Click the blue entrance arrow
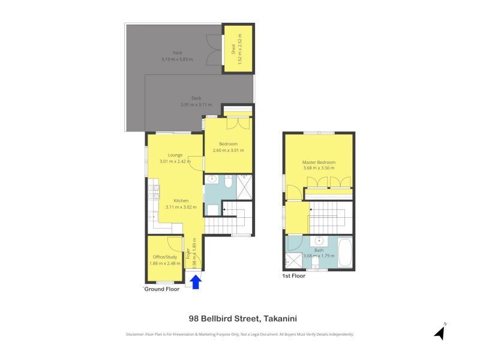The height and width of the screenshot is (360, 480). coord(196,282)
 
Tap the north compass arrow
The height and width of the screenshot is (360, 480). coord(440,332)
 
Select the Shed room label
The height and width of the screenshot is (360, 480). coord(233,49)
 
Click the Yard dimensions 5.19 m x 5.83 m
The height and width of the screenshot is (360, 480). coord(177,59)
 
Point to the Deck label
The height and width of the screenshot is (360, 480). coord(196,98)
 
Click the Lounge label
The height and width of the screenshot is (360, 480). coord(175,155)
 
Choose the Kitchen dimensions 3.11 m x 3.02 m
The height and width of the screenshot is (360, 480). coord(181,207)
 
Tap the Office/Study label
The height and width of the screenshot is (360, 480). coord(164,257)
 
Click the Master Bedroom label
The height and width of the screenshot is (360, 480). coord(319,162)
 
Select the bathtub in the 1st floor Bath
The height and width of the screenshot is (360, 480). coord(345,252)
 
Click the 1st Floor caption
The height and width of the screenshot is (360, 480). coord(293,276)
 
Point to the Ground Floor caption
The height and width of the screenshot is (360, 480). coord(161,289)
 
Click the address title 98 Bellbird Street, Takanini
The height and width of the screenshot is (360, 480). coord(243,319)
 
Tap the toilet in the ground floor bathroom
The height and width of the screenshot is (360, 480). coord(229,181)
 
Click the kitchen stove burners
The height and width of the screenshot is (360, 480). coord(154,192)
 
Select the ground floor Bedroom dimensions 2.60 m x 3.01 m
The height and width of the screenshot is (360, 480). coord(229,151)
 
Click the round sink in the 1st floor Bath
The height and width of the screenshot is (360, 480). coord(319,241)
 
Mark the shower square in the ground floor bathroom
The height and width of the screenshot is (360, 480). coord(244,187)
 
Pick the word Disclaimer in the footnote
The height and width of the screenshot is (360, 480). coord(134,334)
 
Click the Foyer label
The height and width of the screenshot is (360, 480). coord(188,253)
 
